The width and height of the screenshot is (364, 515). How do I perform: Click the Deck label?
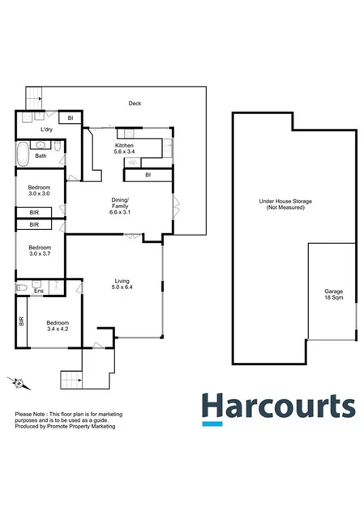(x=135, y=103)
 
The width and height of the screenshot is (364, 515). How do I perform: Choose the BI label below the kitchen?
(x=148, y=175)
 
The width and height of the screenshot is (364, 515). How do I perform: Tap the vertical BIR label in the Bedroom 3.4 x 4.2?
(x=21, y=321)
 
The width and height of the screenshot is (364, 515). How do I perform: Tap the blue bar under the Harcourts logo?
(x=212, y=423)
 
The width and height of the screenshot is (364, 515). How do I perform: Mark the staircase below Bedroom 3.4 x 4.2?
(x=72, y=378)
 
